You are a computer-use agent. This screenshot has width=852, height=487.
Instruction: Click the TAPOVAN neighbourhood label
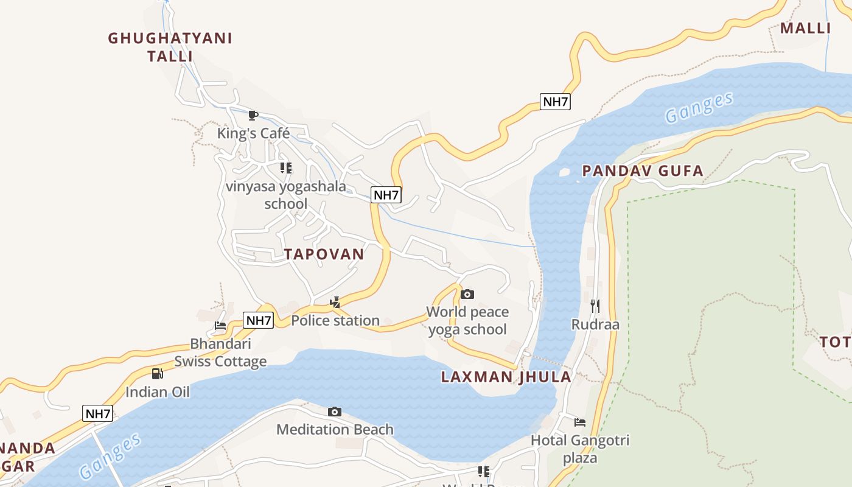pyautogui.click(x=324, y=254)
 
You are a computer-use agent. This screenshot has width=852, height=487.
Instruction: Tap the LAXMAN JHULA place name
pyautogui.click(x=506, y=377)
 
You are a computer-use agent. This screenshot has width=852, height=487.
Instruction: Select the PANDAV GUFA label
pyautogui.click(x=643, y=171)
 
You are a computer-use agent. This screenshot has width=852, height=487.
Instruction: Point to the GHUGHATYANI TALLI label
pyautogui.click(x=170, y=47)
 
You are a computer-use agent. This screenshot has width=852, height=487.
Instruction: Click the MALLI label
pyautogui.click(x=806, y=28)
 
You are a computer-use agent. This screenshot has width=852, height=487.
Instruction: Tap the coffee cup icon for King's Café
pyautogui.click(x=253, y=115)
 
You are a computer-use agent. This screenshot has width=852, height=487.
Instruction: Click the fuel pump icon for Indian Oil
pyautogui.click(x=158, y=374)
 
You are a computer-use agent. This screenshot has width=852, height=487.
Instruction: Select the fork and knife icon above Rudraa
pyautogui.click(x=595, y=306)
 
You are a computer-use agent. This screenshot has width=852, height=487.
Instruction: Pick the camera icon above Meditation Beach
pyautogui.click(x=335, y=412)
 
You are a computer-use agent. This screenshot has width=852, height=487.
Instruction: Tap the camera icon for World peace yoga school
pyautogui.click(x=467, y=295)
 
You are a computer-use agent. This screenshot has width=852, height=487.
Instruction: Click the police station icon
pyautogui.click(x=335, y=303)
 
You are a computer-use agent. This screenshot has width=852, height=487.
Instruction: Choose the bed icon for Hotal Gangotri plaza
pyautogui.click(x=580, y=422)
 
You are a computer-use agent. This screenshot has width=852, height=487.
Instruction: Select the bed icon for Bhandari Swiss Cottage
pyautogui.click(x=220, y=326)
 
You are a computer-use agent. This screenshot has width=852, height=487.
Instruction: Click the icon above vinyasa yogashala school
pyautogui.click(x=285, y=168)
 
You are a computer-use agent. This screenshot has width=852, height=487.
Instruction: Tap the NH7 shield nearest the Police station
pyautogui.click(x=258, y=320)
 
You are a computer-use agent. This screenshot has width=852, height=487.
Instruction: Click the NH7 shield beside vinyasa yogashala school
pyautogui.click(x=386, y=195)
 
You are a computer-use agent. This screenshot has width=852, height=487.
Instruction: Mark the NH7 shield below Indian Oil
pyautogui.click(x=97, y=414)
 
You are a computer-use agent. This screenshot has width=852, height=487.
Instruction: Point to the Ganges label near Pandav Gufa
pyautogui.click(x=698, y=108)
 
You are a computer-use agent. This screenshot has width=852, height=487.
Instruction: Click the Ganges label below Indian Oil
pyautogui.click(x=110, y=456)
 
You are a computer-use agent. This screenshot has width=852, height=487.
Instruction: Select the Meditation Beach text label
pyautogui.click(x=335, y=430)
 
